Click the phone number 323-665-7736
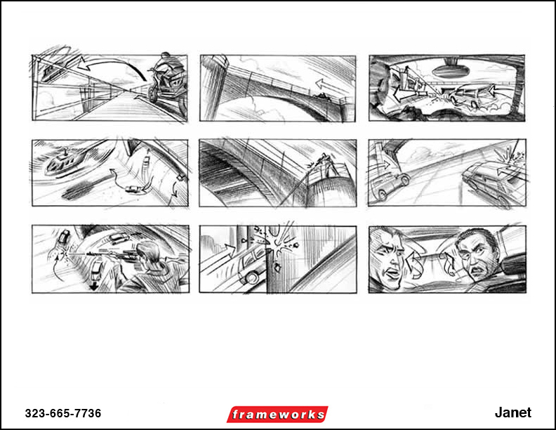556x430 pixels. coord(63,413)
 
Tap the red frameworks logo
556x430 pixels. coord(277,415)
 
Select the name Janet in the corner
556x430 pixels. coord(512,412)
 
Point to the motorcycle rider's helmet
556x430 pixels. coord(166,57)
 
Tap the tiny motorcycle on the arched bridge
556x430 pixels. coord(323,96)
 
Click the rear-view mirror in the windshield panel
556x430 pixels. coord(448,71)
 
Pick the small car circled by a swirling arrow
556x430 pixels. coord(133,190)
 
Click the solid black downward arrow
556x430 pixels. coord(93,286)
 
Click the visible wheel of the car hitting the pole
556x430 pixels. coord(251,278)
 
